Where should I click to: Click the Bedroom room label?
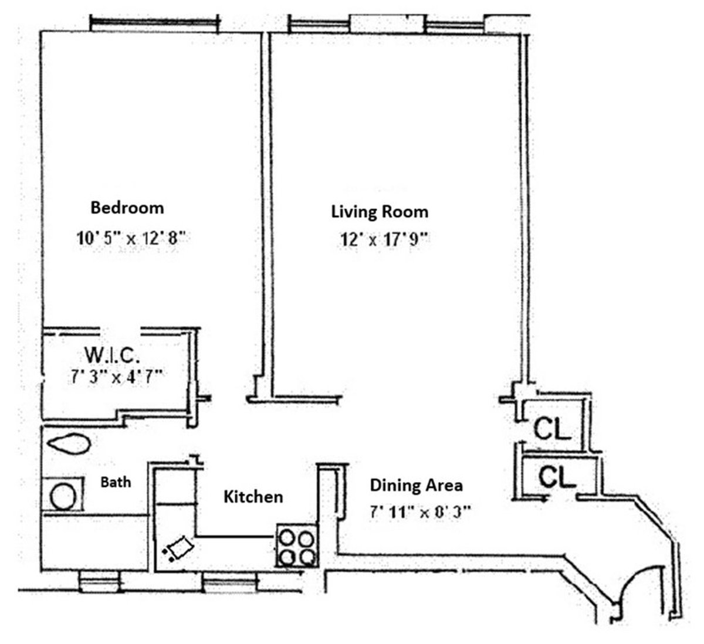[127, 208]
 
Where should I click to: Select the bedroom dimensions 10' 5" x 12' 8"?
[131, 238]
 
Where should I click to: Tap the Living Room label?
[380, 211]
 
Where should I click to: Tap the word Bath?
[116, 483]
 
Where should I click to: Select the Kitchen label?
[253, 497]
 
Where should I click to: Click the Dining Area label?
[415, 486]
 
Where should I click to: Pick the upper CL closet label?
[551, 431]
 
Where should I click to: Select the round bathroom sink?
[64, 497]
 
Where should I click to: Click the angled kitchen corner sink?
[180, 549]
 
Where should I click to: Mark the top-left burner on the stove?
[287, 538]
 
